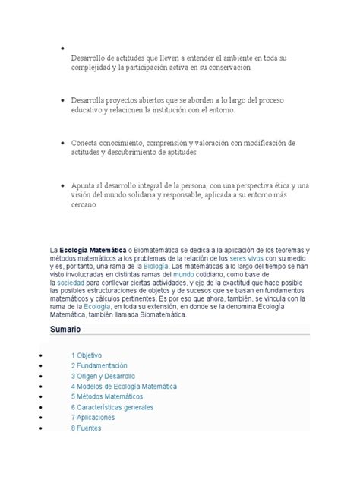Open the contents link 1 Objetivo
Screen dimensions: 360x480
87,355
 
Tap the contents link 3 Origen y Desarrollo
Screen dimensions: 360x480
103,376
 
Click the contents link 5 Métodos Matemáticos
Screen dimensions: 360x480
107,396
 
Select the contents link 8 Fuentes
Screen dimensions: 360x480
87,428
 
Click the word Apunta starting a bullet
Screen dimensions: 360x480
84,185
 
